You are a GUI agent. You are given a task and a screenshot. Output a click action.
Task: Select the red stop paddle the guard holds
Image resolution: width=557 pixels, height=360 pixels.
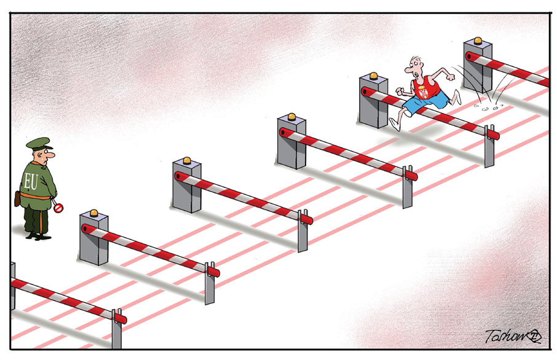(58, 208)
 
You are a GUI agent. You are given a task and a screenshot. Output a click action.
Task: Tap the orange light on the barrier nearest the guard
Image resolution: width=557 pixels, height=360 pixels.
(94, 213)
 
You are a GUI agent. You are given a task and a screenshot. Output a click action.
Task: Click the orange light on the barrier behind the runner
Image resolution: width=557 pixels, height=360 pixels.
(477, 41)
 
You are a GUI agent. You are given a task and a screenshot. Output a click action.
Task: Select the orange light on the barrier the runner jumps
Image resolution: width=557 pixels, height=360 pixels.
(373, 77)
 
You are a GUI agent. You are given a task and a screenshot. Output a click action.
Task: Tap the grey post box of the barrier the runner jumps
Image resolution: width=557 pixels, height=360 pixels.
(372, 104)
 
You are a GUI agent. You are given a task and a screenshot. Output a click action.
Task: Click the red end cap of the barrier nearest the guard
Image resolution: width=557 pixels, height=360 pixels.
(213, 271)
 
